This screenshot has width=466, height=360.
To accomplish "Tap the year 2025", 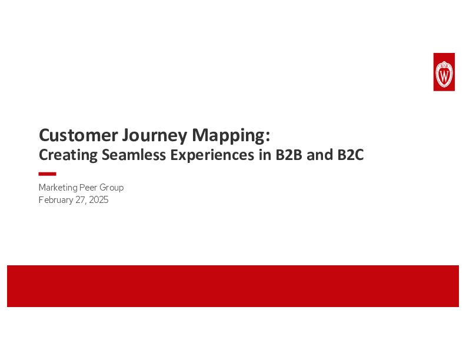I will pyautogui.click(x=98, y=200).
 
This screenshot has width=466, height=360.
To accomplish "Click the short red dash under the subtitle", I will pyautogui.click(x=47, y=174).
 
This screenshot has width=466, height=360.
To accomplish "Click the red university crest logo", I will pyautogui.click(x=444, y=72).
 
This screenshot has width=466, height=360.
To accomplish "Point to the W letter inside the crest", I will pyautogui.click(x=444, y=75).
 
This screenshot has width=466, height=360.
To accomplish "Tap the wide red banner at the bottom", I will pyautogui.click(x=233, y=286).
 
